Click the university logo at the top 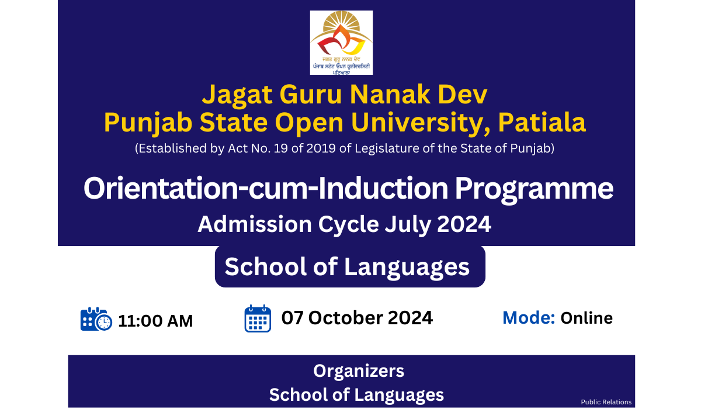tap(341, 43)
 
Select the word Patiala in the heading tap(542, 122)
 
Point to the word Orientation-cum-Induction tap(266, 188)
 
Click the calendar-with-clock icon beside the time tap(96, 319)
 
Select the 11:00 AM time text tap(155, 321)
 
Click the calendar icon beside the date tap(258, 318)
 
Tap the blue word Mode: tap(529, 318)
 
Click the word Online tap(587, 318)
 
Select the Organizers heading tap(359, 372)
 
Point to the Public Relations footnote tap(606, 402)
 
